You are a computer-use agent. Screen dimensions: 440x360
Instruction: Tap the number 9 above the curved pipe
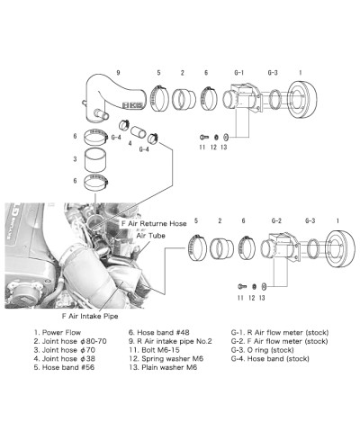(117, 72)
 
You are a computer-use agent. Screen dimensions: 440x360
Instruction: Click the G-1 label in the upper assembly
(239, 72)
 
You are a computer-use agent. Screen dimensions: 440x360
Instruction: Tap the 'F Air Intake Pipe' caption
(92, 316)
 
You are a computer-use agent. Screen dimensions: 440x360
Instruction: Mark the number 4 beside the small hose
(130, 144)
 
